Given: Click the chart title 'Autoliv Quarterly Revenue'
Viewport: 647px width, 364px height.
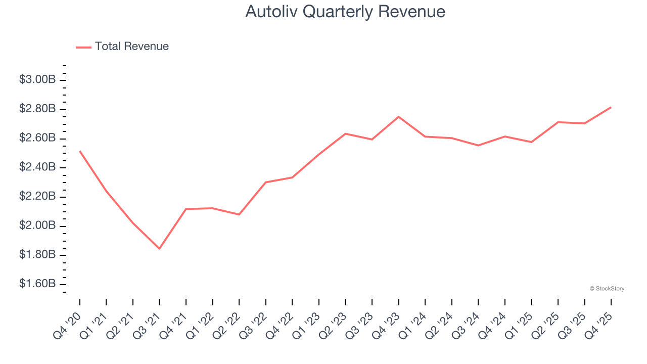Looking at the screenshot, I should [345, 12].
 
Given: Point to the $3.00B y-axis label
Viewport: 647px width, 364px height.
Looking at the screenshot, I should [37, 79].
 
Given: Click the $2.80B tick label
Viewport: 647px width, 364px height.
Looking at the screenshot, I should [37, 109].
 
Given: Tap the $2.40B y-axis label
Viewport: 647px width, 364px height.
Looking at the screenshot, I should [37, 167].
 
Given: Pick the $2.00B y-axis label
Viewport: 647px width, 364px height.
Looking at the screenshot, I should [37, 225].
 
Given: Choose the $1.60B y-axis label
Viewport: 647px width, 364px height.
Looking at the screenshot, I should [37, 284].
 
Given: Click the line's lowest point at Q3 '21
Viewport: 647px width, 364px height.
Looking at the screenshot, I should [159, 249].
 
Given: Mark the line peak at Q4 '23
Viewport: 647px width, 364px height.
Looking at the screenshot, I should [398, 117].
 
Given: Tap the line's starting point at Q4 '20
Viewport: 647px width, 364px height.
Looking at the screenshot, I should [80, 151].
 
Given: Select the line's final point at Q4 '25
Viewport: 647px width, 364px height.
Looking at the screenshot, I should [611, 107].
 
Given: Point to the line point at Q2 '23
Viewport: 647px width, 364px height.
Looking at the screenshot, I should [345, 133].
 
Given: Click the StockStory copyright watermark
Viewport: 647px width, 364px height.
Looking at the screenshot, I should [607, 289].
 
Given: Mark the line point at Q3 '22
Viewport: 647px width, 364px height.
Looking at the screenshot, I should [266, 182].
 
